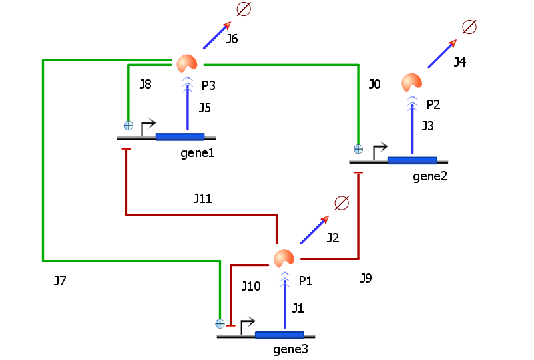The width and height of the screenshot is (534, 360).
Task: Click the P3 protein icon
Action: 187,63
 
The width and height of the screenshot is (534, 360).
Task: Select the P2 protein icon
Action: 411,83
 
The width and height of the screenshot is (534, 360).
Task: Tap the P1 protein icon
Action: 284,258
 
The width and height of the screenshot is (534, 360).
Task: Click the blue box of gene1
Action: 180,137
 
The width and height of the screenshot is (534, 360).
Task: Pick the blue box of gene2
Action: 412,160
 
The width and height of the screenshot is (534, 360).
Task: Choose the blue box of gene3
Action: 279,335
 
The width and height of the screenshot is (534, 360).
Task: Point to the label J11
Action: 203,198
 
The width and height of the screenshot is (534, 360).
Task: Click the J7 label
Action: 60,281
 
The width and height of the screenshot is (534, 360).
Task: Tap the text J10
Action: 251,286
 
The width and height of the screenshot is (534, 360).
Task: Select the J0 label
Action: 374,84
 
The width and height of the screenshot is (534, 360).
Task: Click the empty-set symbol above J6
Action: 244,9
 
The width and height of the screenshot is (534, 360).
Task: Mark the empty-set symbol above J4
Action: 469,27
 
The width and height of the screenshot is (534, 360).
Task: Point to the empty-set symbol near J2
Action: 342,203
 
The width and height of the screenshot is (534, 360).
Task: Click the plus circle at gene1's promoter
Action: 129,126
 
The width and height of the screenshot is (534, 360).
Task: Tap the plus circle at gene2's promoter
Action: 358,149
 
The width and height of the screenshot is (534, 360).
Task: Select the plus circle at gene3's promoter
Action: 220,323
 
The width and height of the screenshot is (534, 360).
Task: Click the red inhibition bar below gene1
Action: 126,149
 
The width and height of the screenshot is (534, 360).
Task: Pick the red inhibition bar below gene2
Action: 358,173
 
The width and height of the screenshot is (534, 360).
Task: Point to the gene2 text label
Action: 430,176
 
